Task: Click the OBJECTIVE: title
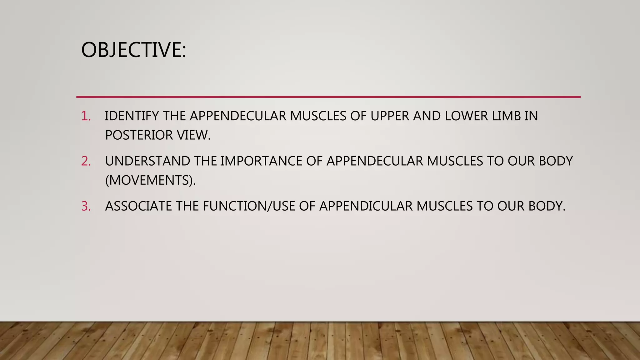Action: click(133, 50)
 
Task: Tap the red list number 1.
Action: click(86, 116)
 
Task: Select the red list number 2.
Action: click(86, 161)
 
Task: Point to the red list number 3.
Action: click(86, 206)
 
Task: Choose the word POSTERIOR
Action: click(139, 135)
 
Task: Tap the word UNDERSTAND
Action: click(147, 161)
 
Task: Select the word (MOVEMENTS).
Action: click(150, 180)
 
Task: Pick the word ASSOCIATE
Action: click(138, 206)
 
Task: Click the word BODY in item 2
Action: click(556, 161)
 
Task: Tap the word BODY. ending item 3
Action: click(547, 206)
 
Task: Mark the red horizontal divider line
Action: click(328, 97)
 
